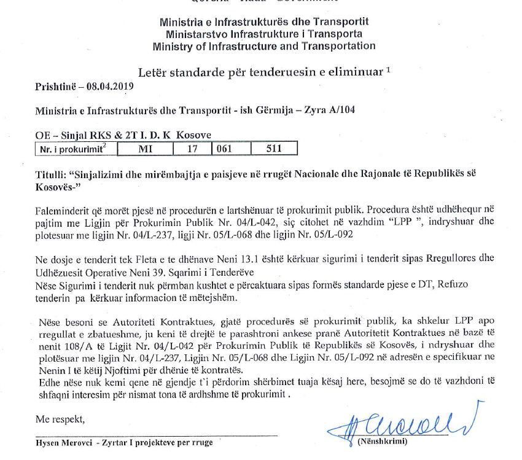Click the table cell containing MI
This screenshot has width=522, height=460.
click(146, 149)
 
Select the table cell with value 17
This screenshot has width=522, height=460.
click(191, 149)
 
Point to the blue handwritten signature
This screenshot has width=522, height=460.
click(392, 421)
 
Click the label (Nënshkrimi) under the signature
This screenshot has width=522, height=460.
click(380, 442)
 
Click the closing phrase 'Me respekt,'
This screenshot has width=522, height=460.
click(60, 420)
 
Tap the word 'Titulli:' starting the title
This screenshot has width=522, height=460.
click(51, 176)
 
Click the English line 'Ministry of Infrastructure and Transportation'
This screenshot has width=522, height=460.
click(264, 46)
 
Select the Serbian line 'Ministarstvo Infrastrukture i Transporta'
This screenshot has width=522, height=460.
click(264, 34)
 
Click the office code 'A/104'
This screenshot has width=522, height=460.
click(342, 110)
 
